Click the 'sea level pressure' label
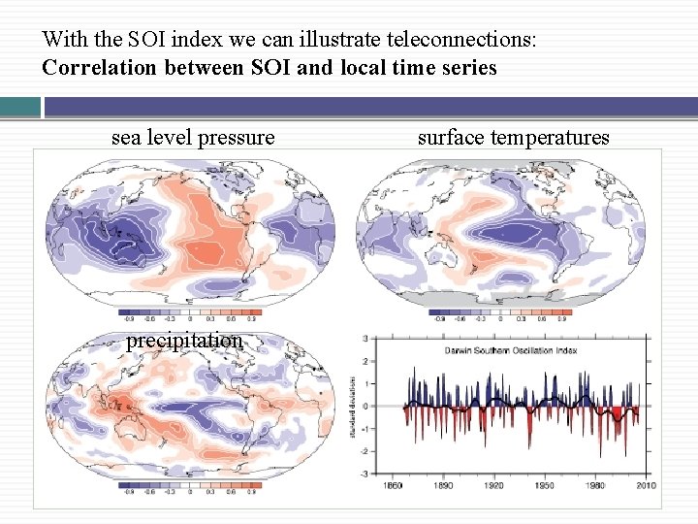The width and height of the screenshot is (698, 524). (193, 138)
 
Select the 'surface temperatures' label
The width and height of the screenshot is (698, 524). (513, 138)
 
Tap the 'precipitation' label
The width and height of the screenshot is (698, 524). (184, 341)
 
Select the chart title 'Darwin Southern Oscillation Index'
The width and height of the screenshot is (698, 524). (511, 349)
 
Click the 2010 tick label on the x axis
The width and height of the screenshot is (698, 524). (646, 484)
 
